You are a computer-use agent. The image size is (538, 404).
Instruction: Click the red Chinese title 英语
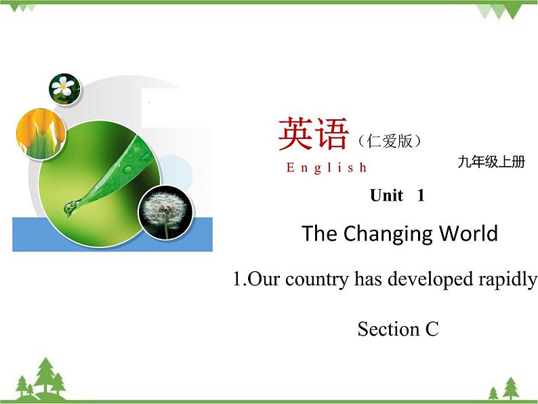pos(312,134)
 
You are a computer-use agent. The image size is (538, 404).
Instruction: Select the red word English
pos(327,167)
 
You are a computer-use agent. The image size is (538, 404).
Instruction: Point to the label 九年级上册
pos(491,162)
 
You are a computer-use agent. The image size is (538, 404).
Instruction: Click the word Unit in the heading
pos(386,196)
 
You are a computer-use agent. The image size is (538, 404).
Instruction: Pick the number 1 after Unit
pos(421,196)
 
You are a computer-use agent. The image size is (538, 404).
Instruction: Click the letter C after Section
pos(432,329)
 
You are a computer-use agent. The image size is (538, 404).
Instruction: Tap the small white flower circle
pos(64,88)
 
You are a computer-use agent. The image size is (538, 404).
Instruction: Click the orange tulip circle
pos(41,132)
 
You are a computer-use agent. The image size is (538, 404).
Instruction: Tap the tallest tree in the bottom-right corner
pos(510,388)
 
